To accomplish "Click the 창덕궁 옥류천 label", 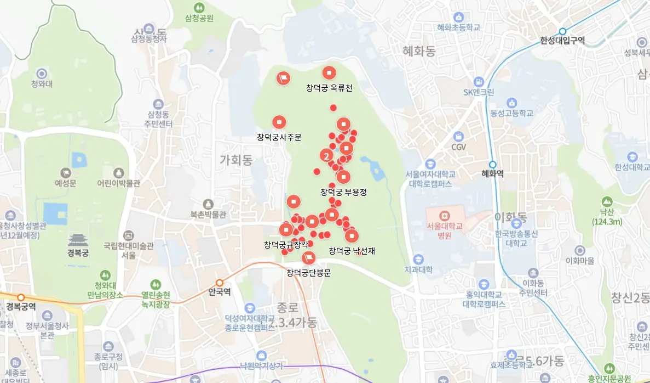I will click(329, 88).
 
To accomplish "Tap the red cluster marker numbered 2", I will click(327, 156).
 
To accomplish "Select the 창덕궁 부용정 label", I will click(343, 192).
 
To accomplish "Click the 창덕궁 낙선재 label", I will click(352, 251).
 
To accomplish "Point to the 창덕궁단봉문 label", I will click(309, 272).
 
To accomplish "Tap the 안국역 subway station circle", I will click(220, 283).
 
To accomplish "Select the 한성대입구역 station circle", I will click(562, 31).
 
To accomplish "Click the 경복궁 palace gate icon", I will click(78, 240).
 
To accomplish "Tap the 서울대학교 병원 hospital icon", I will click(444, 214).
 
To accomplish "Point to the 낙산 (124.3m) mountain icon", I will click(607, 202).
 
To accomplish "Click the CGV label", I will click(458, 147).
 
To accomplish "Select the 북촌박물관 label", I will click(208, 215).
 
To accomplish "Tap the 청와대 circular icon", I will click(42, 74).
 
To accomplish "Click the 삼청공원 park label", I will click(199, 18).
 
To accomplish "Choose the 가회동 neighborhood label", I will click(235, 160).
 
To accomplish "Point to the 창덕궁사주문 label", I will click(279, 137).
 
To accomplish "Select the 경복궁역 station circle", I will click(21, 297).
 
